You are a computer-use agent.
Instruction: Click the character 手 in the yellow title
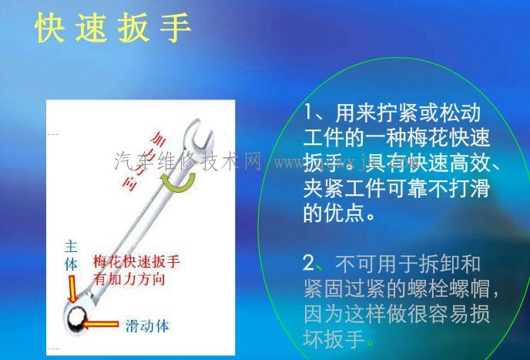coord(176,29)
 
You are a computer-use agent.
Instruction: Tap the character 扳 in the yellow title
coord(135,29)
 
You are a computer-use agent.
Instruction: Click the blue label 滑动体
coord(147,325)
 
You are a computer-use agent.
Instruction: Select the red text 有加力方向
coord(129,279)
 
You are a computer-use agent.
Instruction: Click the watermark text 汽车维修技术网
coord(187,162)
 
